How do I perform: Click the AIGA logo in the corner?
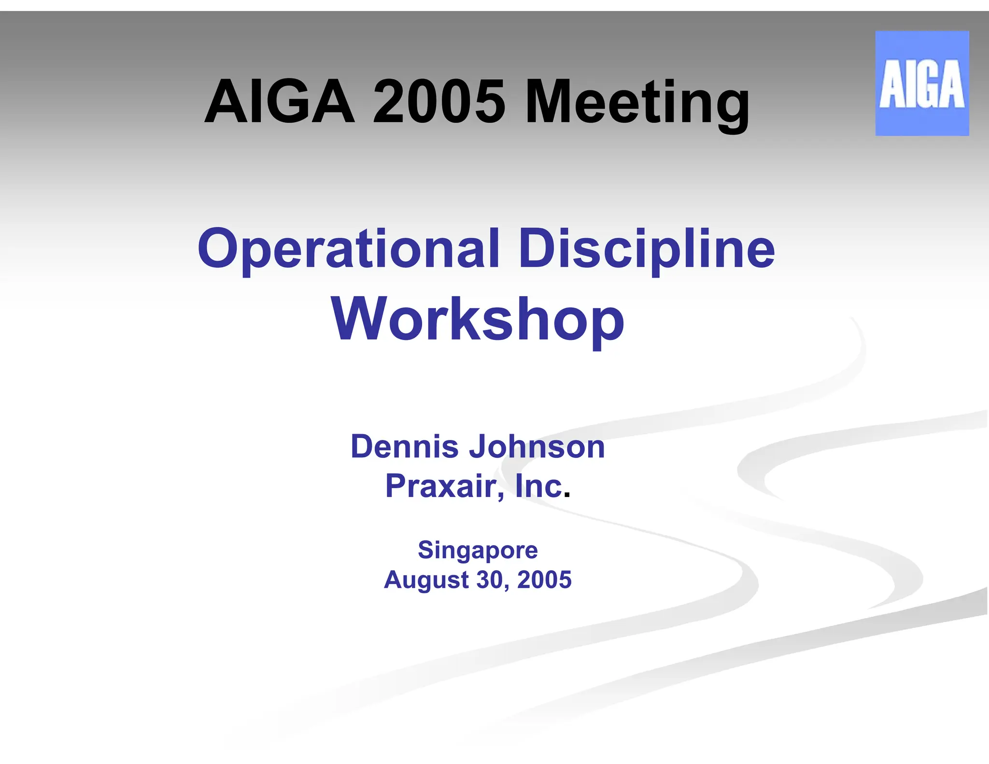[x=921, y=83]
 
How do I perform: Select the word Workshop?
[x=478, y=320]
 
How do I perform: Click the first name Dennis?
[x=404, y=447]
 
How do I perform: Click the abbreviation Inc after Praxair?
[x=539, y=486]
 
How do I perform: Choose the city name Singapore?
[x=478, y=551]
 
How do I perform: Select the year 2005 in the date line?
[x=544, y=580]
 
